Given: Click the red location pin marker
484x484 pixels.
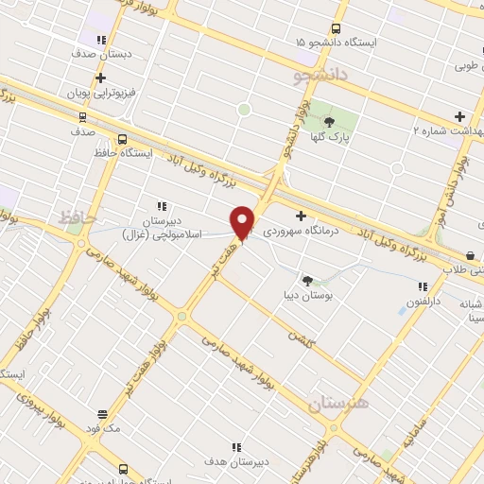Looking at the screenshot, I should (x=243, y=222).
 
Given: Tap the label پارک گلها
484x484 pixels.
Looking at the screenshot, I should (x=329, y=137).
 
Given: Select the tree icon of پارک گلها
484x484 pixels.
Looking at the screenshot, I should (x=329, y=121).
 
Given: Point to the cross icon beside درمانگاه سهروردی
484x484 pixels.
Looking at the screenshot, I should (x=301, y=216).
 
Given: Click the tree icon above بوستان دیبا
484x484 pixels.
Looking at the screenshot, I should (x=307, y=280).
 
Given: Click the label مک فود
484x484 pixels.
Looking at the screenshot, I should (x=102, y=428).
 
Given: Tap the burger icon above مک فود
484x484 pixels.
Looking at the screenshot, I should (x=102, y=414).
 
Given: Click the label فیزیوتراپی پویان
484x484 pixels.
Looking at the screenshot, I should (x=101, y=95).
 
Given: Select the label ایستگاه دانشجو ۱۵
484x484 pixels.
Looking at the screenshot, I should (x=336, y=43).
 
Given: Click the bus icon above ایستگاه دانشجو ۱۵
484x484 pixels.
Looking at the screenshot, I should (x=337, y=28).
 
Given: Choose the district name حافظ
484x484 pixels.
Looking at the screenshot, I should (x=78, y=218).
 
